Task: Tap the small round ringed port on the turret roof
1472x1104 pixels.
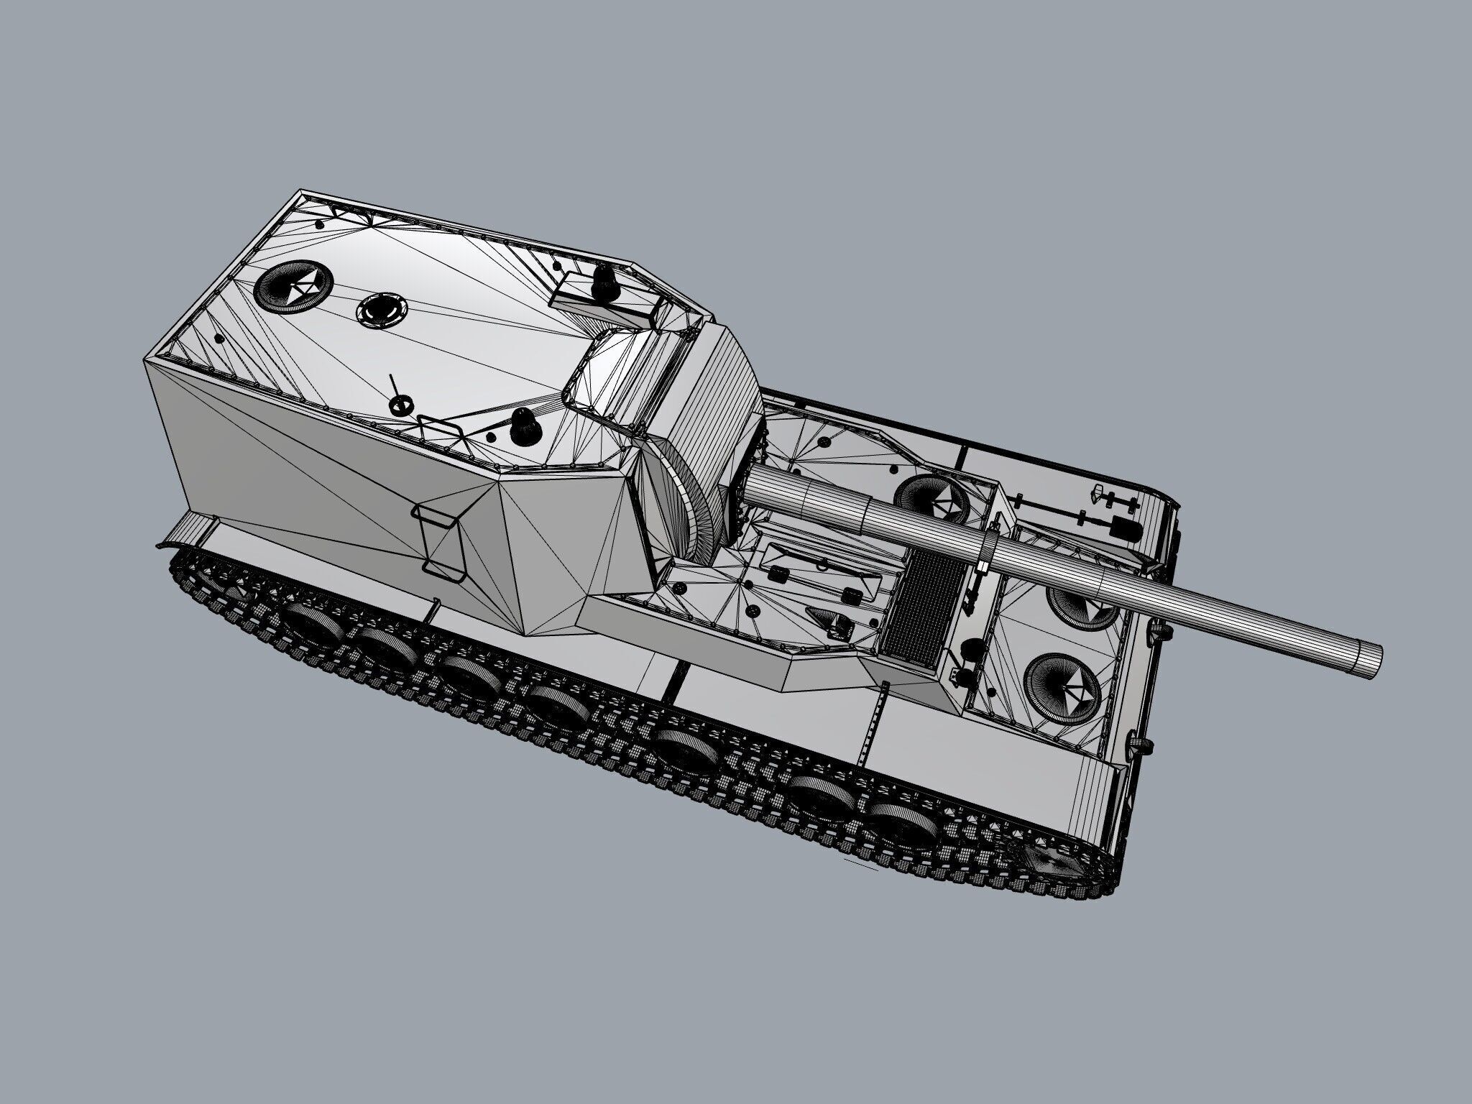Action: click(380, 309)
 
